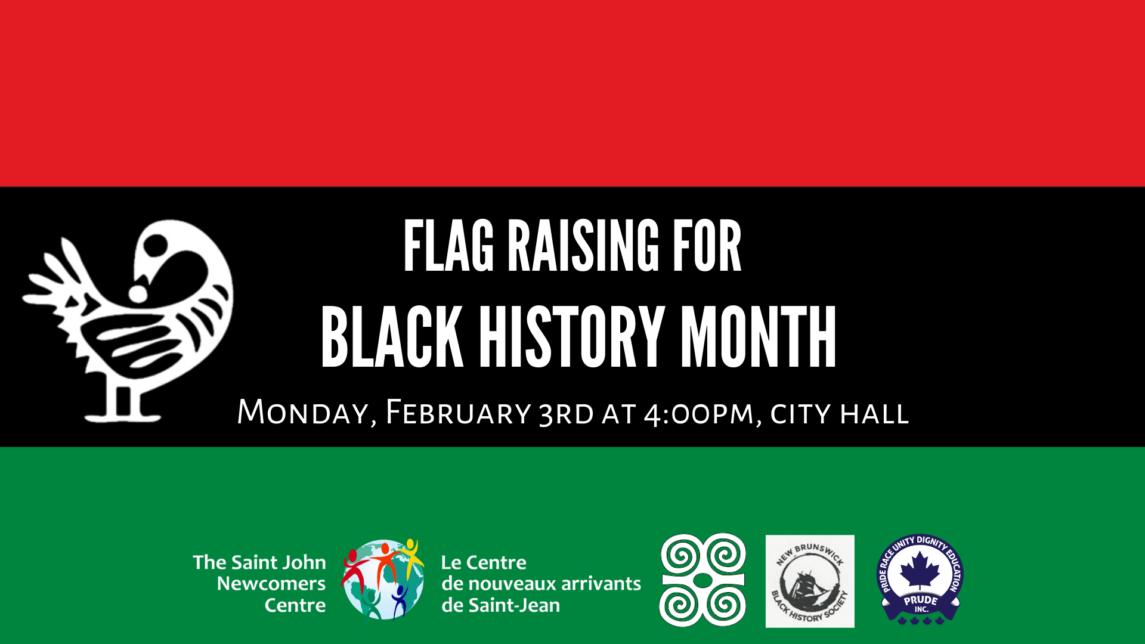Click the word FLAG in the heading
pyautogui.click(x=448, y=246)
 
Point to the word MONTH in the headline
pyautogui.click(x=758, y=336)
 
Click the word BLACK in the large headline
pyautogui.click(x=392, y=336)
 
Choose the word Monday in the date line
pyautogui.click(x=307, y=413)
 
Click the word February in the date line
pyautogui.click(x=458, y=413)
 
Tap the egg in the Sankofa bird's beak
pyautogui.click(x=138, y=293)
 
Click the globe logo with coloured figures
pyautogui.click(x=383, y=580)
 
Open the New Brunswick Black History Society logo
pyautogui.click(x=810, y=581)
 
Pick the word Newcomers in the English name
pyautogui.click(x=271, y=583)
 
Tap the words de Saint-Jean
pyautogui.click(x=501, y=605)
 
